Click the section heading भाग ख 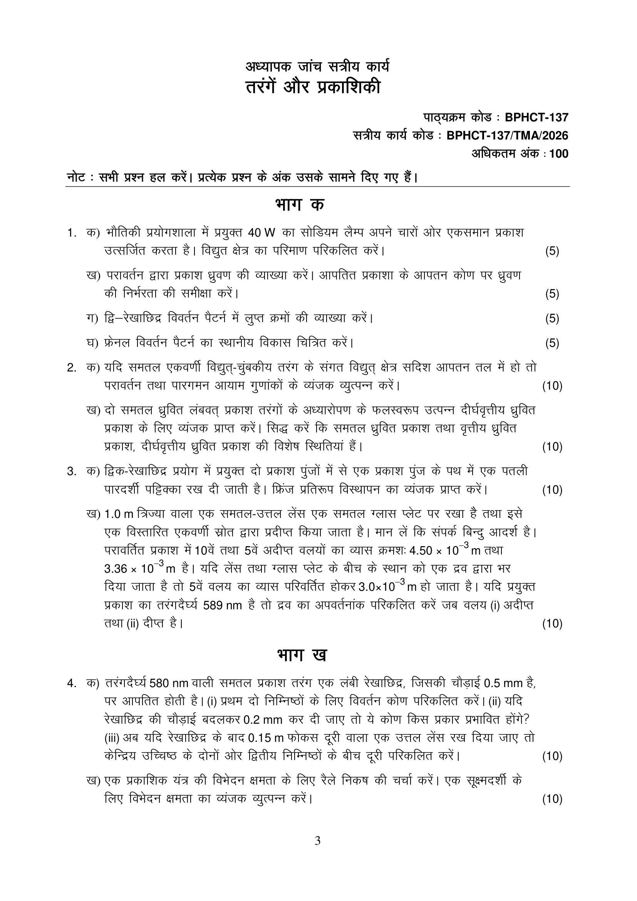tap(301, 655)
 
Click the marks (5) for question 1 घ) tap(552, 343)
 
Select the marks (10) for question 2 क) tap(552, 386)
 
